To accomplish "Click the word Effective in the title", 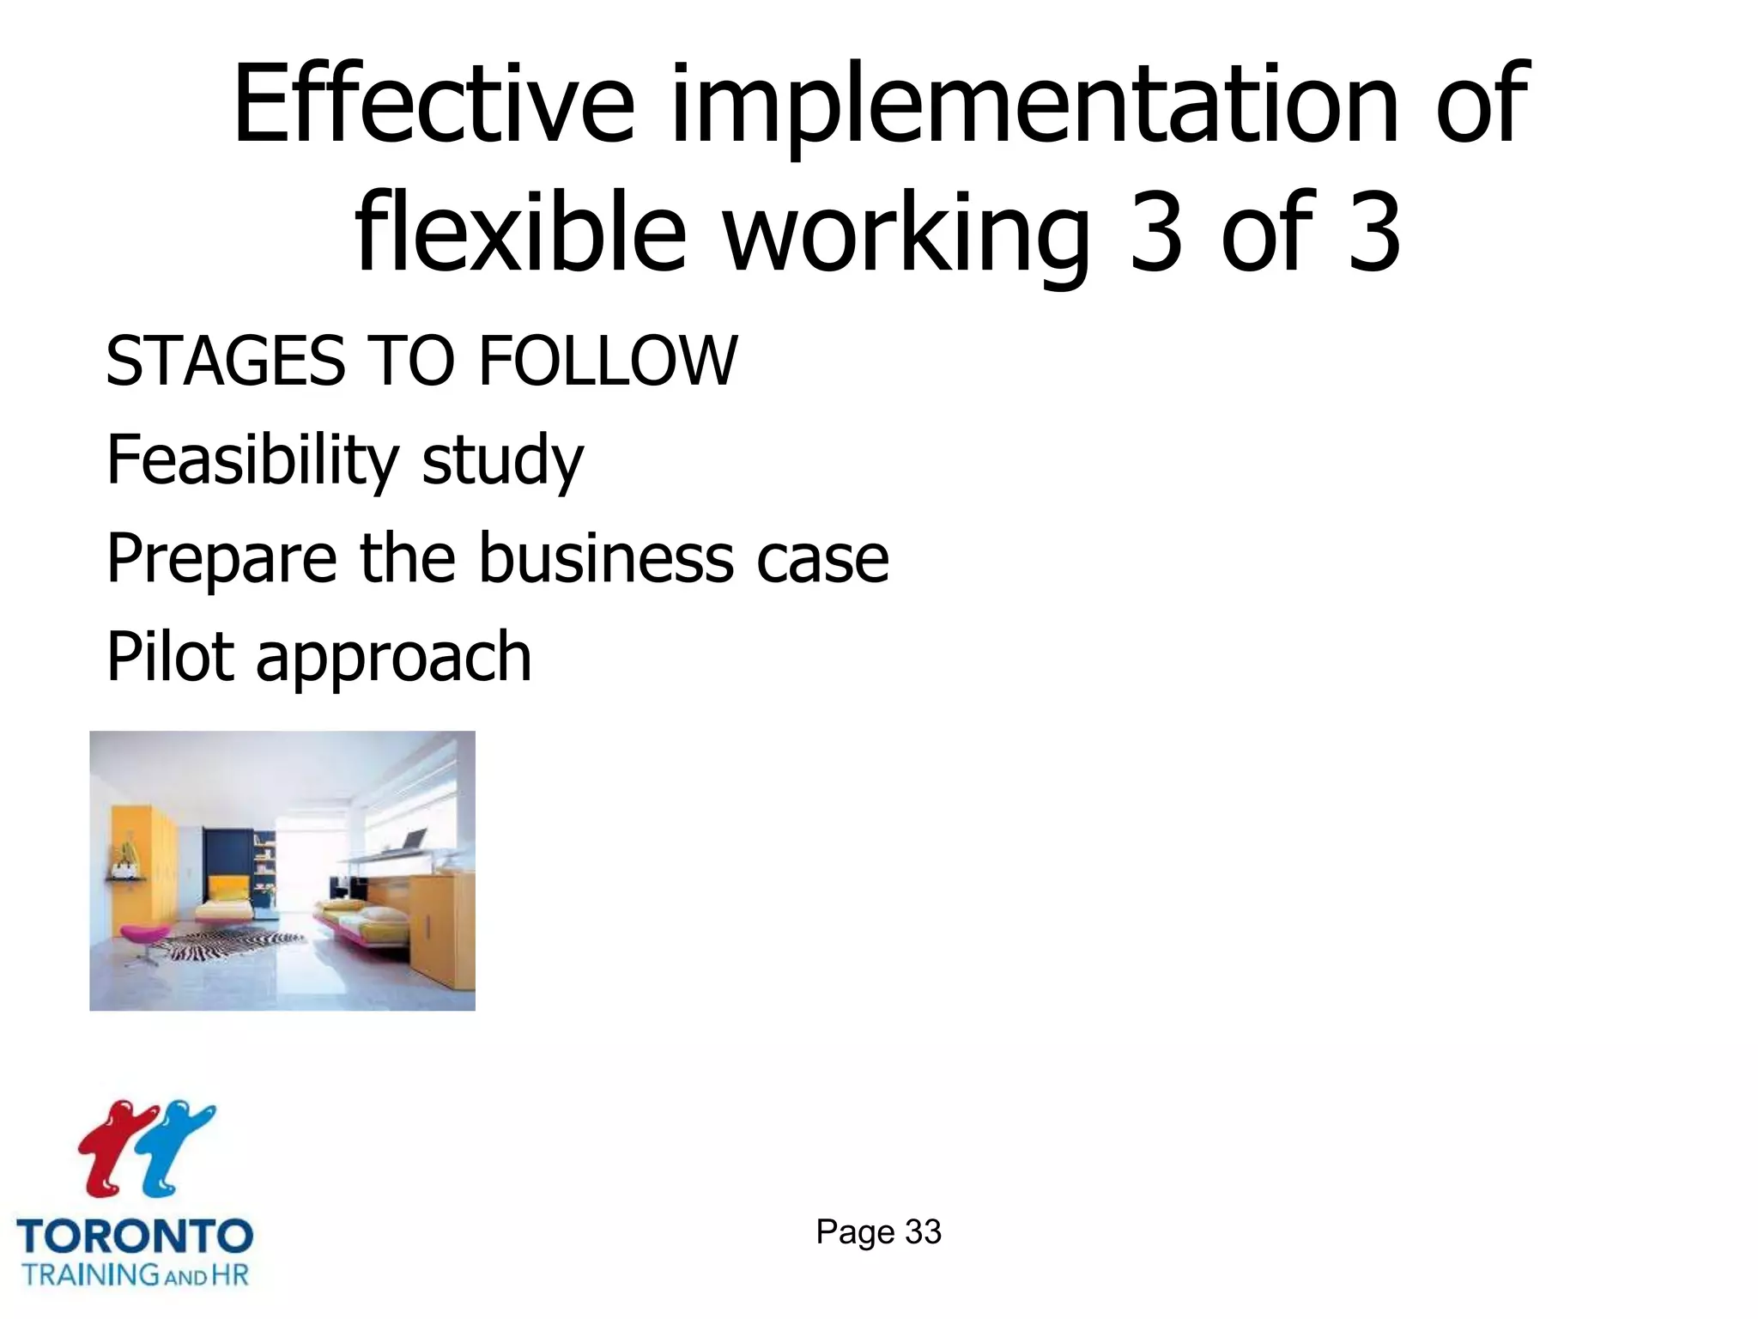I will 433,105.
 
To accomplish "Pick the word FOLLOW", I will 607,361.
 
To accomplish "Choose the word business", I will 605,558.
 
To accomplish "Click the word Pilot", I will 170,657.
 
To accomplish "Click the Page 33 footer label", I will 878,1232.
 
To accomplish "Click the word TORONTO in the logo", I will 135,1237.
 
